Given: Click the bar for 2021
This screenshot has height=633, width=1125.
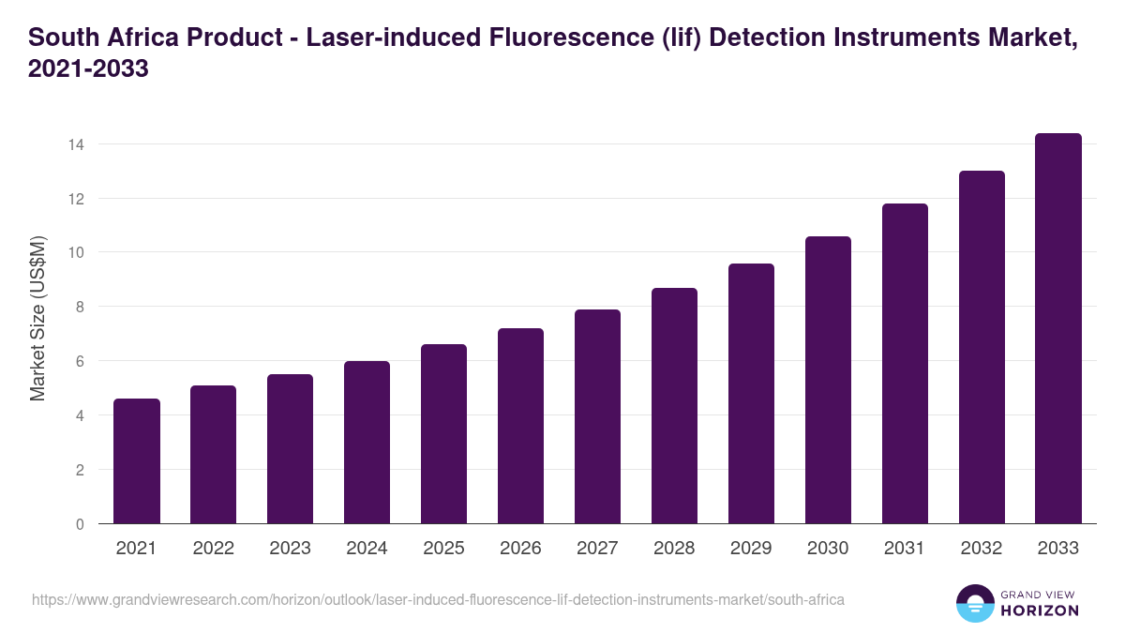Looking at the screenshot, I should click(137, 461).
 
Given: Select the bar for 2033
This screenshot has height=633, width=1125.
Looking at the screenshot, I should click(1058, 328).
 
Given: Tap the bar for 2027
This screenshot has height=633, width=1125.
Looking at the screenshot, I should click(597, 416).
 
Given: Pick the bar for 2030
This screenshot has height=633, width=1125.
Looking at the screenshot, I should click(828, 380).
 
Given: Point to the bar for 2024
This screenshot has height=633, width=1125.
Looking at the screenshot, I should click(367, 443).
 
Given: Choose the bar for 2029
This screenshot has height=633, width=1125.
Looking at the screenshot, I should click(751, 394).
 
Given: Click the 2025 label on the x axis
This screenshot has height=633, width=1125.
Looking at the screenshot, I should click(443, 549).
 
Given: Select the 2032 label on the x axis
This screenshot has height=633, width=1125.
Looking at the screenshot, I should click(982, 549).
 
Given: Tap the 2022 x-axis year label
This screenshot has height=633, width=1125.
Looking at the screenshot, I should click(213, 549).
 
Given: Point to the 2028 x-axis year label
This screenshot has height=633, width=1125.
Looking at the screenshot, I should click(674, 549).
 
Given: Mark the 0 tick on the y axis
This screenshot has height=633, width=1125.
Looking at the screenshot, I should click(80, 524).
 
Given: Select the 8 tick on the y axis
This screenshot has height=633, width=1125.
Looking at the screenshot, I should click(80, 307).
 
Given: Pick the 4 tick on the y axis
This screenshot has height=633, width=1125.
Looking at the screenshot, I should click(80, 415).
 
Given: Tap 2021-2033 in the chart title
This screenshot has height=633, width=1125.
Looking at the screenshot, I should click(89, 69).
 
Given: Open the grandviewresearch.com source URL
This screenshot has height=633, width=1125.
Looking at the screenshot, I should click(439, 599).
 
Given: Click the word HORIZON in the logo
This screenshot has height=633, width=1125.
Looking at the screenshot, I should click(1039, 610).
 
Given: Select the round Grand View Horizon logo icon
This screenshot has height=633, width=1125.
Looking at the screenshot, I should click(975, 603).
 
